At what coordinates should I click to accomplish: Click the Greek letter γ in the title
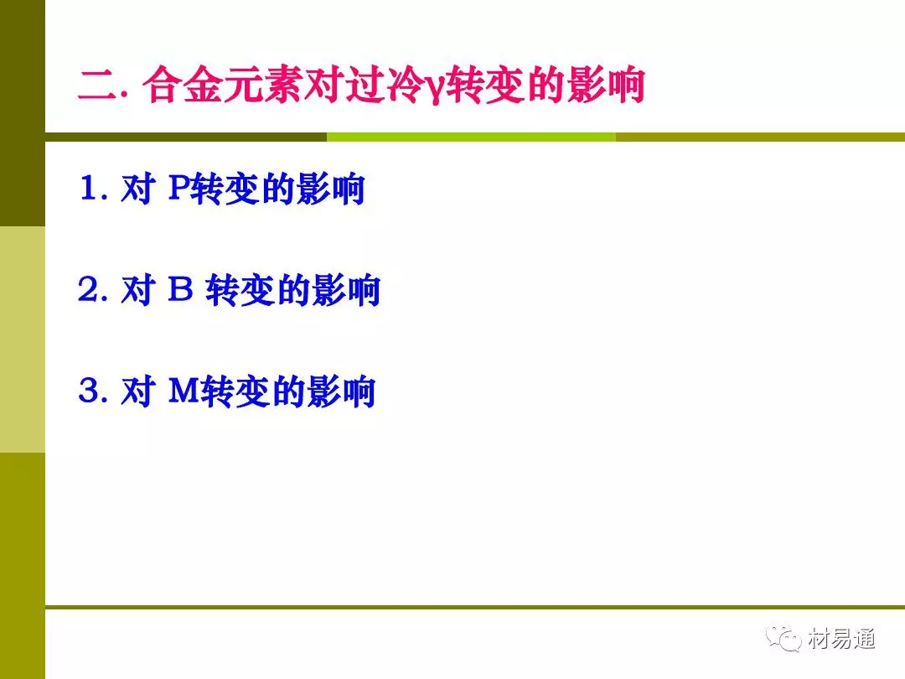point(436,88)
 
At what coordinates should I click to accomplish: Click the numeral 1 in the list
point(89,188)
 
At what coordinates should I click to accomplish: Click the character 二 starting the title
point(99,85)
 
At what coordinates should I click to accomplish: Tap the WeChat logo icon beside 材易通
point(783,638)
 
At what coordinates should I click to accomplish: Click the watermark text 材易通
point(841,638)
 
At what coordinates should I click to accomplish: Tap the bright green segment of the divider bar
point(471,137)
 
